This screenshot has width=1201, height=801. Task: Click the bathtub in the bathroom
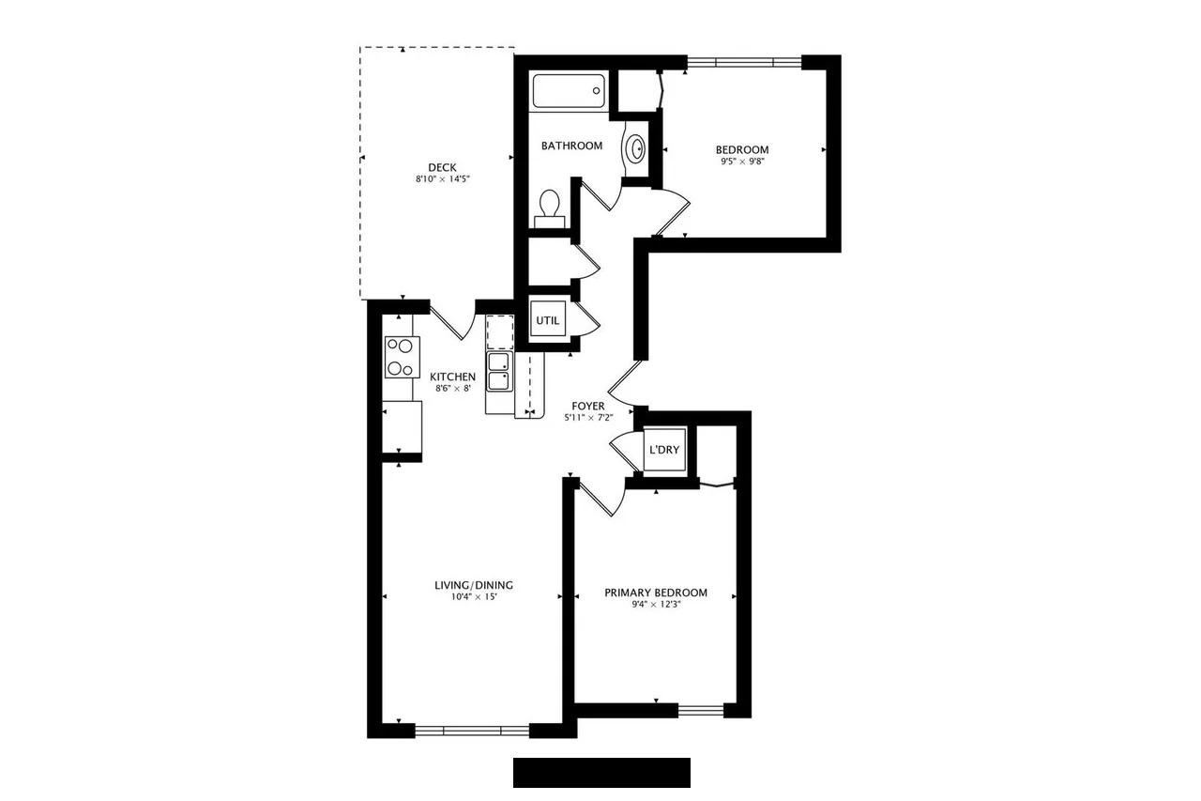pyautogui.click(x=569, y=91)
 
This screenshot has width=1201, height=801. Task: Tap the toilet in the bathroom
pyautogui.click(x=550, y=209)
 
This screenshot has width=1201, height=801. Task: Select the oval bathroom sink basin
pyautogui.click(x=637, y=148)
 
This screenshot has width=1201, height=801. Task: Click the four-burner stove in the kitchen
pyautogui.click(x=403, y=357)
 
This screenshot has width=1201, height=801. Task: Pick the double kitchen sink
pyautogui.click(x=499, y=372)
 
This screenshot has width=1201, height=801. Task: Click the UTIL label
pyautogui.click(x=547, y=321)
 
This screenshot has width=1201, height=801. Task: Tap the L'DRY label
pyautogui.click(x=664, y=450)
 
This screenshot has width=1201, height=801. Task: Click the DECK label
pyautogui.click(x=442, y=167)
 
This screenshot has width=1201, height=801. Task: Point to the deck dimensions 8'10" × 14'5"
pyautogui.click(x=442, y=179)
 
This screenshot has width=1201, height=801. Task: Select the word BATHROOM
pyautogui.click(x=571, y=146)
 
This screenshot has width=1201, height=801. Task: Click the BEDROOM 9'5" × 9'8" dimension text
pyautogui.click(x=742, y=162)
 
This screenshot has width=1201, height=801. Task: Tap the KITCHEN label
pyautogui.click(x=452, y=377)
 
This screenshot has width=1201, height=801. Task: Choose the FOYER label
pyautogui.click(x=588, y=406)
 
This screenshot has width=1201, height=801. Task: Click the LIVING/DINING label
pyautogui.click(x=474, y=585)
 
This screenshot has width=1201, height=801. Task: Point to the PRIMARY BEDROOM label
pyautogui.click(x=656, y=593)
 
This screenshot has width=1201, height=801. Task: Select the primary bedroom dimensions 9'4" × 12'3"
pyautogui.click(x=656, y=604)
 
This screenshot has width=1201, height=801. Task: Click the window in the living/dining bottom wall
pyautogui.click(x=472, y=731)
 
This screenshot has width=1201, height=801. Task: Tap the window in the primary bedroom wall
pyautogui.click(x=701, y=711)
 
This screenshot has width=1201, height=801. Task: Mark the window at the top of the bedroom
pyautogui.click(x=744, y=62)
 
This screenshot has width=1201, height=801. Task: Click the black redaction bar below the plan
pyautogui.click(x=601, y=773)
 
